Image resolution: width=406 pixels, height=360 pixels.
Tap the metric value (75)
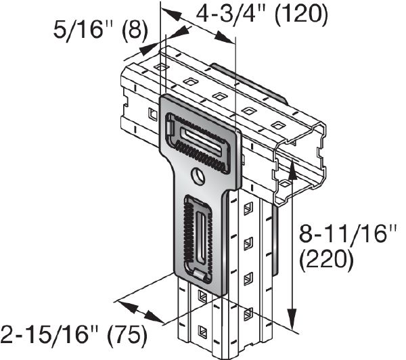click(125, 335)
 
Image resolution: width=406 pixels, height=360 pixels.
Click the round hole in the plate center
click(198, 177)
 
